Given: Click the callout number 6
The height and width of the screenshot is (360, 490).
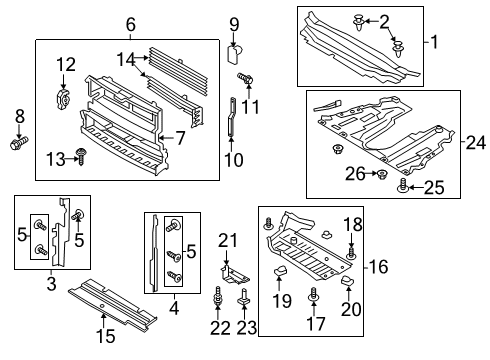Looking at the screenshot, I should pos(131,25).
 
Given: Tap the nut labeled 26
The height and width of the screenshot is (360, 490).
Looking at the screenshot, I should pos(381,175).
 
